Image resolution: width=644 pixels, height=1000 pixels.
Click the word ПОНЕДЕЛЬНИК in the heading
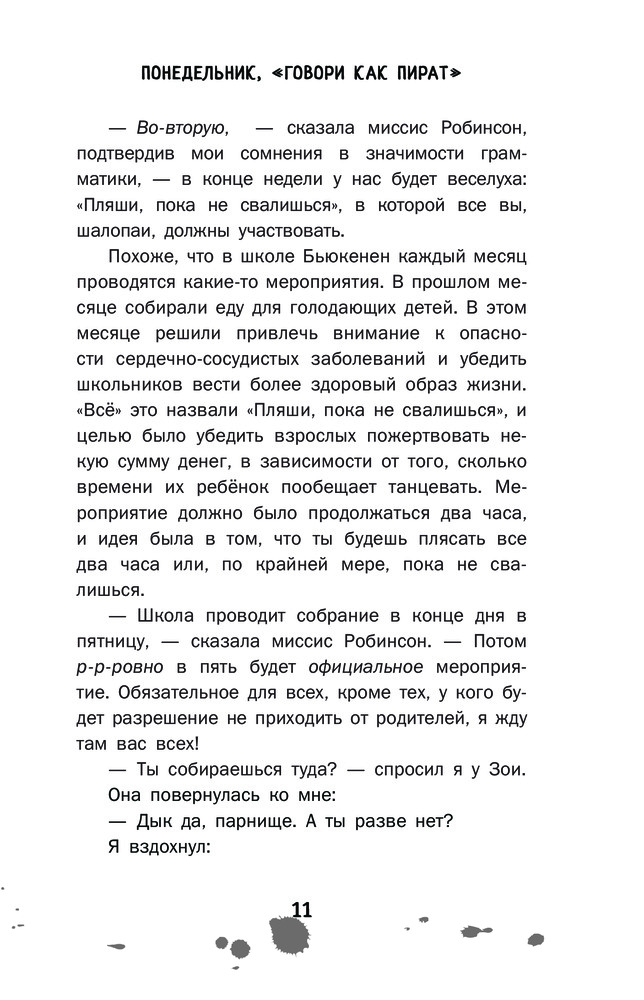pyautogui.click(x=201, y=73)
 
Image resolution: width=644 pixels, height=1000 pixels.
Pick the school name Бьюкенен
pyautogui.click(x=344, y=259)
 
